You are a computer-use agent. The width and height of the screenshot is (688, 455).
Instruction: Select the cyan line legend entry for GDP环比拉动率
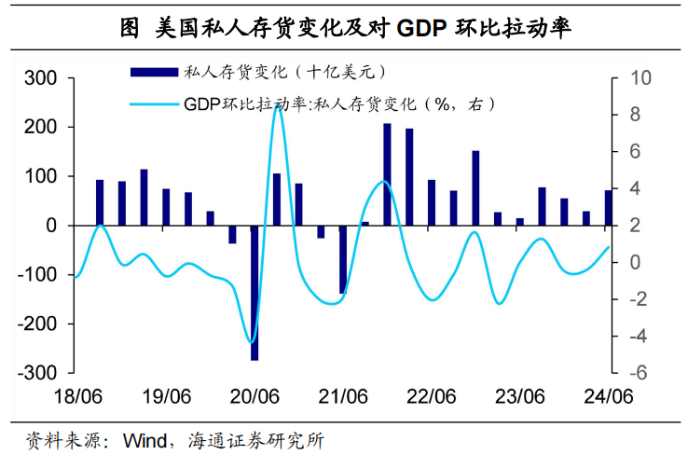pyautogui.click(x=154, y=103)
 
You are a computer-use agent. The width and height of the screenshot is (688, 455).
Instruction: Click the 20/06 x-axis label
pyautogui.click(x=255, y=395)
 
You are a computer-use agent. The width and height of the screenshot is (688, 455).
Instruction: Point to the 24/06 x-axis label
pyautogui.click(x=608, y=395)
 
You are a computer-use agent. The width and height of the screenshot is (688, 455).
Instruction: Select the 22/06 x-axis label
pyautogui.click(x=431, y=395)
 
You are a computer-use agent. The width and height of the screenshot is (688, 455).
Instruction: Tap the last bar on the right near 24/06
pyautogui.click(x=608, y=208)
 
